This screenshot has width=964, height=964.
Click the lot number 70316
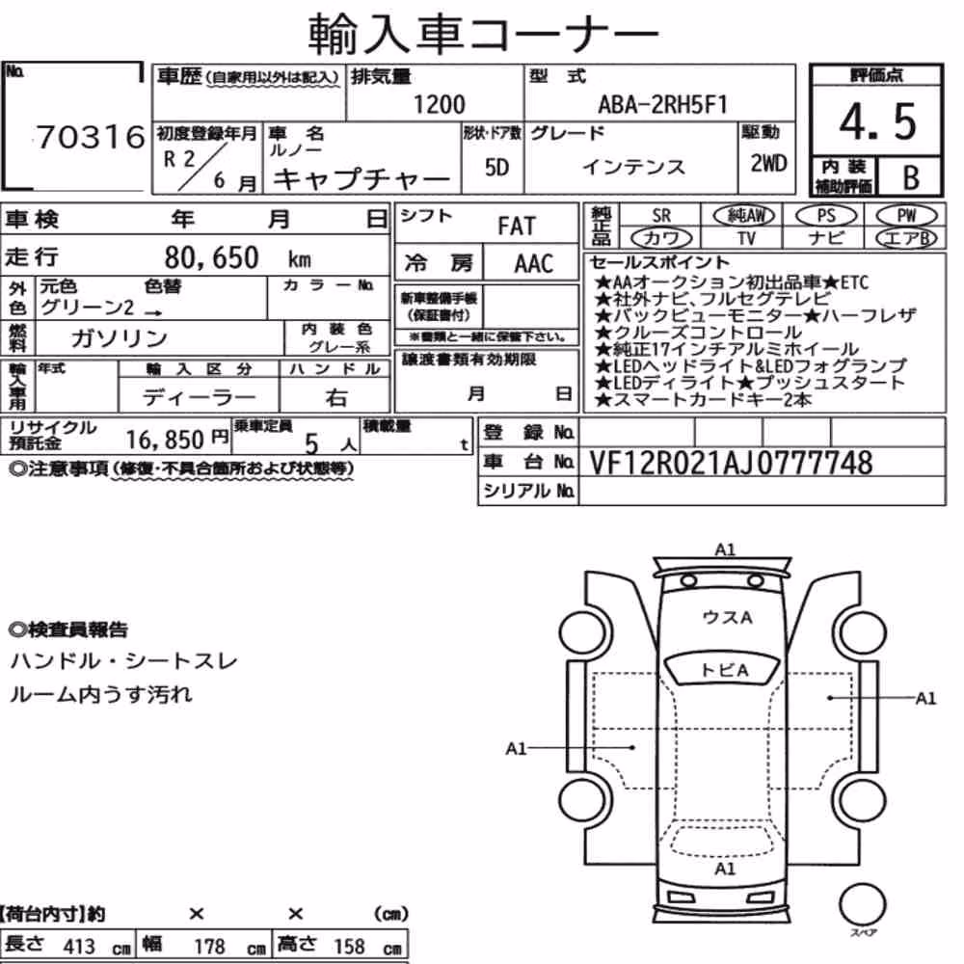91,137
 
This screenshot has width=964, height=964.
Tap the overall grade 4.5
877,121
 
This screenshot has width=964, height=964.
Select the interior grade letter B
911,177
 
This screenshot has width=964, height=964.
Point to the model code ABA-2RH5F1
663,105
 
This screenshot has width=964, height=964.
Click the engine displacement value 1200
439,104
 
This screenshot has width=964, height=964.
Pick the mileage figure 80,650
211,257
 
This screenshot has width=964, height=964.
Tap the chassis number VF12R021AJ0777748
731,463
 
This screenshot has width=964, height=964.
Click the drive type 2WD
768,164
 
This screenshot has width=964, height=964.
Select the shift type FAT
517,227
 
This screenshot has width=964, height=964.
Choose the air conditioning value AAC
534,264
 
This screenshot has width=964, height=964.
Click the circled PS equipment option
826,216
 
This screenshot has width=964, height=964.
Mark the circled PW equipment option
907,216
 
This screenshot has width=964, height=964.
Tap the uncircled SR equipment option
661,216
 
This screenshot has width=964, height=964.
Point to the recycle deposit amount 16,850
165,440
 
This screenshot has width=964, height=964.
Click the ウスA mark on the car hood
727,617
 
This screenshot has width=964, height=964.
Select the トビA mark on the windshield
725,670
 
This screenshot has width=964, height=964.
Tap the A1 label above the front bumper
726,549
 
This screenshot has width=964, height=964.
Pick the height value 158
349,947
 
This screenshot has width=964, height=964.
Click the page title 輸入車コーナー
483,35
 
